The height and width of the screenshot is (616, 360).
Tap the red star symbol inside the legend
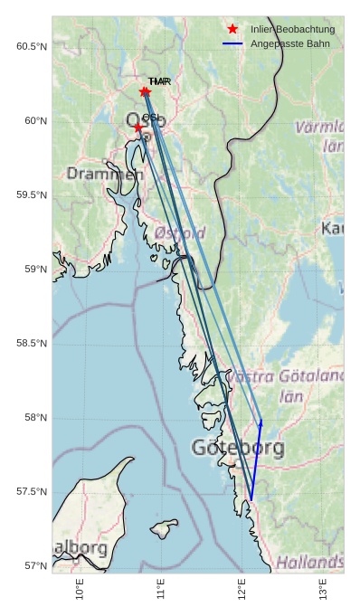pyautogui.click(x=233, y=30)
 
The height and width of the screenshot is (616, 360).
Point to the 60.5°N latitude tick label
pyautogui.click(x=32, y=46)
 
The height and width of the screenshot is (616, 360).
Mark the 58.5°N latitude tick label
pyautogui.click(x=32, y=343)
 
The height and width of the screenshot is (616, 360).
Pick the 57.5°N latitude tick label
pyautogui.click(x=32, y=491)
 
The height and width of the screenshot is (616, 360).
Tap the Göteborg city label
pyautogui.click(x=238, y=447)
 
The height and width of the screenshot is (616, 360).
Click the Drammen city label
pyautogui.click(x=105, y=173)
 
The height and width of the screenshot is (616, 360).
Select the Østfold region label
pyautogui.click(x=180, y=232)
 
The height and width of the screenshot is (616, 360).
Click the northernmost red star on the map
pyautogui.click(x=146, y=91)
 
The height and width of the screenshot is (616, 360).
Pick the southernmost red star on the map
pyautogui.click(x=138, y=128)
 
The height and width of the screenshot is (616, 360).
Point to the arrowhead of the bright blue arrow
pyautogui.click(x=261, y=421)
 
